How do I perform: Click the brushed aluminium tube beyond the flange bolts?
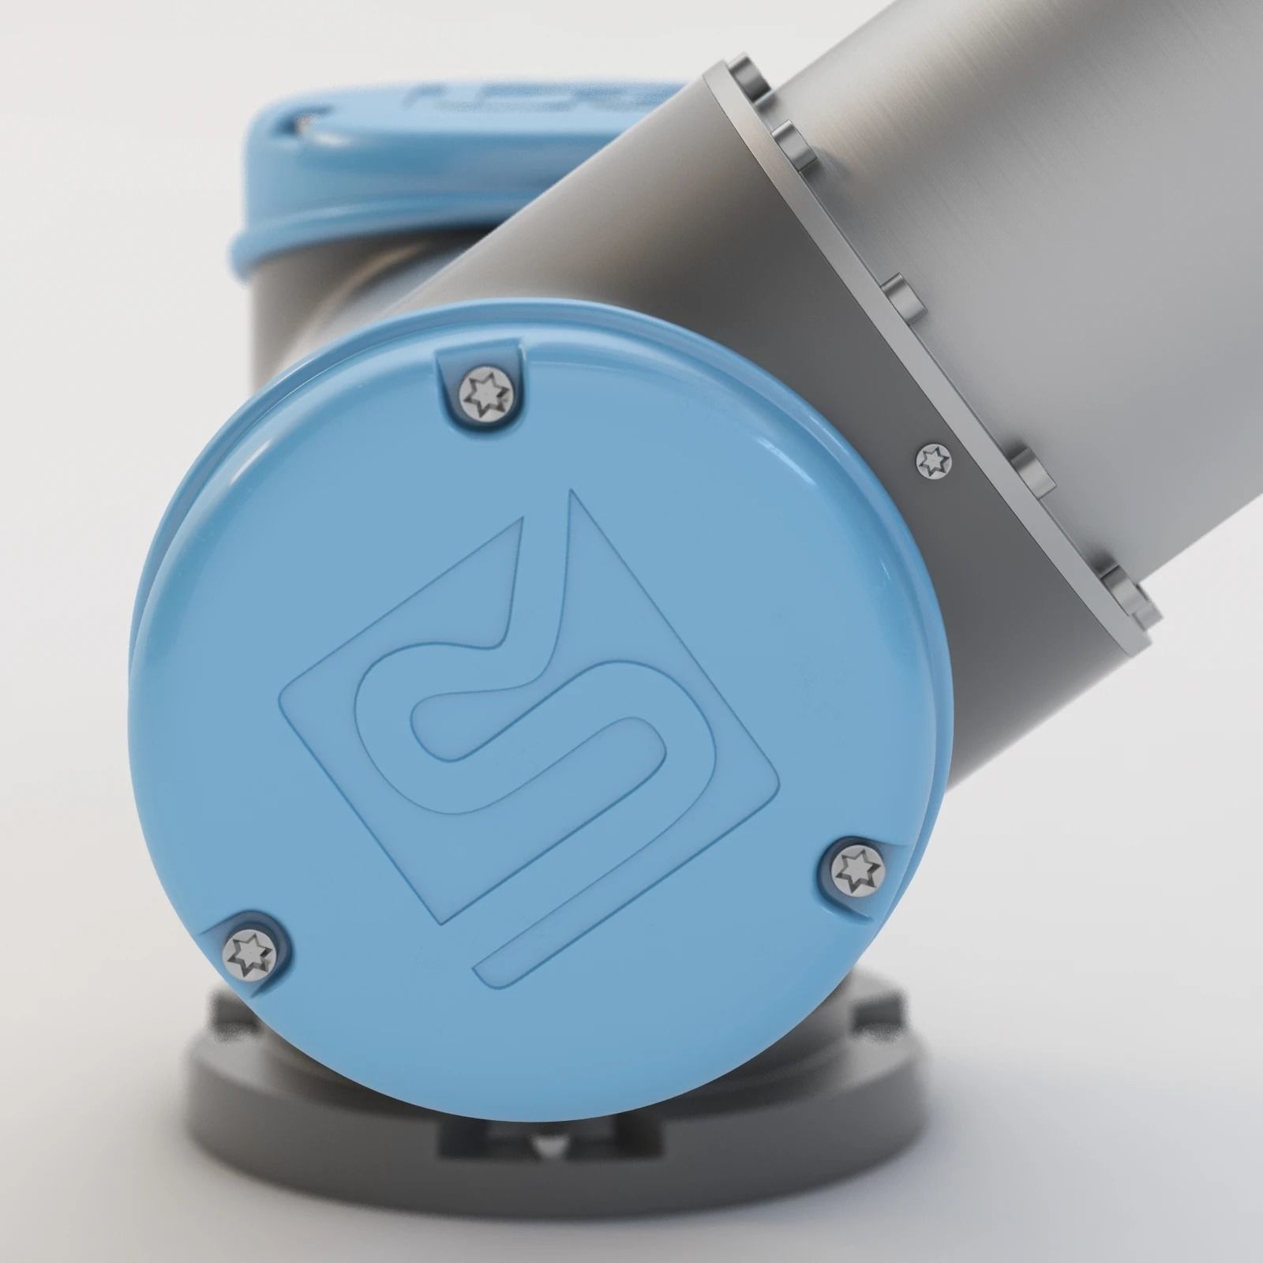[x=1066, y=237]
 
